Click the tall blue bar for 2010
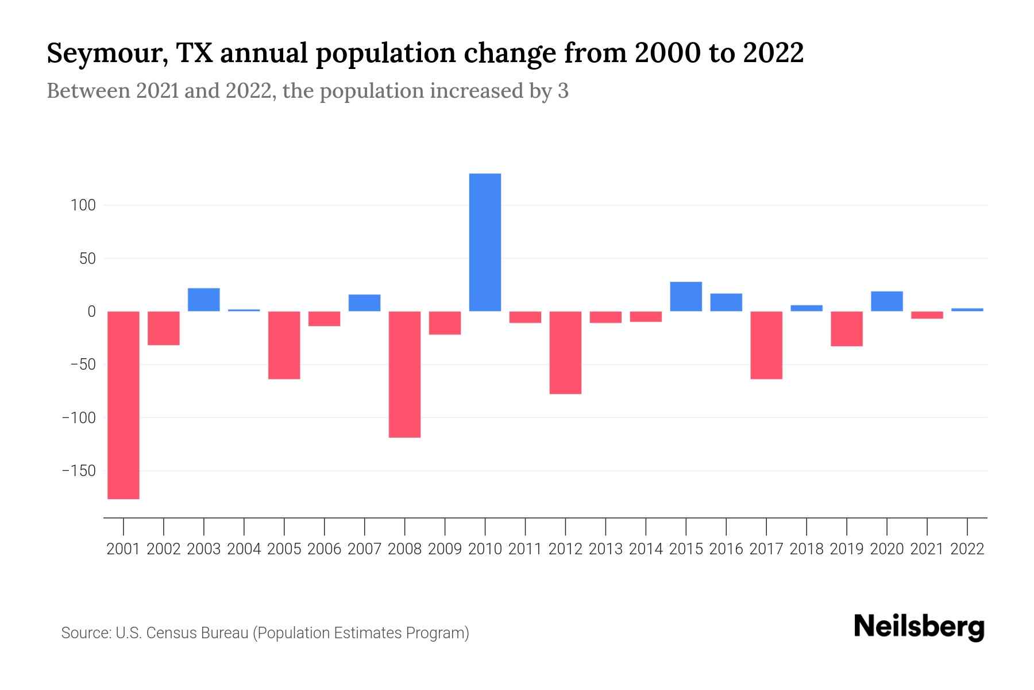pyautogui.click(x=485, y=242)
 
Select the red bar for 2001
pyautogui.click(x=124, y=405)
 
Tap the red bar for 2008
pyautogui.click(x=405, y=374)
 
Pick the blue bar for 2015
pyautogui.click(x=686, y=297)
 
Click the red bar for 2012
pyautogui.click(x=565, y=352)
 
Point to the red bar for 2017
pyautogui.click(x=766, y=345)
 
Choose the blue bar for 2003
pyautogui.click(x=204, y=300)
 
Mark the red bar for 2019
pyautogui.click(x=847, y=329)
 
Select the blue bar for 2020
pyautogui.click(x=887, y=301)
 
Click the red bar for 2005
pyautogui.click(x=284, y=345)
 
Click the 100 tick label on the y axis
pyautogui.click(x=83, y=205)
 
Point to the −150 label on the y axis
pyautogui.click(x=79, y=471)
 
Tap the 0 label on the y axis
pyautogui.click(x=91, y=312)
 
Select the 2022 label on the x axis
pyautogui.click(x=967, y=549)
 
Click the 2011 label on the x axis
pyautogui.click(x=525, y=549)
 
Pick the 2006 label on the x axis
pyautogui.click(x=325, y=549)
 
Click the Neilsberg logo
pyautogui.click(x=919, y=627)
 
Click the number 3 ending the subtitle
pyautogui.click(x=563, y=91)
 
